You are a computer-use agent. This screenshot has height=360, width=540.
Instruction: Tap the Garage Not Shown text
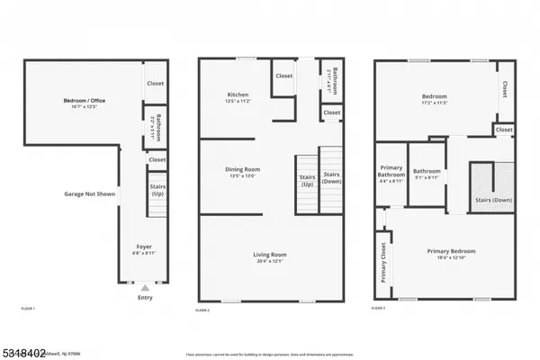click(x=89, y=193)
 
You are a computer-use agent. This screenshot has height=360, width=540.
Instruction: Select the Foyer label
click(x=144, y=246)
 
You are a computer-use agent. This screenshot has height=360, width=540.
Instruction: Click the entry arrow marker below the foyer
click(x=144, y=287)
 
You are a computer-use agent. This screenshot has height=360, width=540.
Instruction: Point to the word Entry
click(x=144, y=297)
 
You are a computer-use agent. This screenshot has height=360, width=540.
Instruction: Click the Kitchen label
click(x=238, y=94)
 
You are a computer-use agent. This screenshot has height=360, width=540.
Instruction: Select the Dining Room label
click(x=242, y=168)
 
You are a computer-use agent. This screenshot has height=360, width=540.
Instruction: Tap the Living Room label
click(x=270, y=255)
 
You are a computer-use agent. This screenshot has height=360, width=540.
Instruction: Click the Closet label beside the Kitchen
click(x=284, y=76)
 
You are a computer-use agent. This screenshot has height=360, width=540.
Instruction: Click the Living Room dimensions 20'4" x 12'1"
click(x=270, y=262)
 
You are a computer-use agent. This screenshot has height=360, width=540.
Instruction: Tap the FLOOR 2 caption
click(x=202, y=310)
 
